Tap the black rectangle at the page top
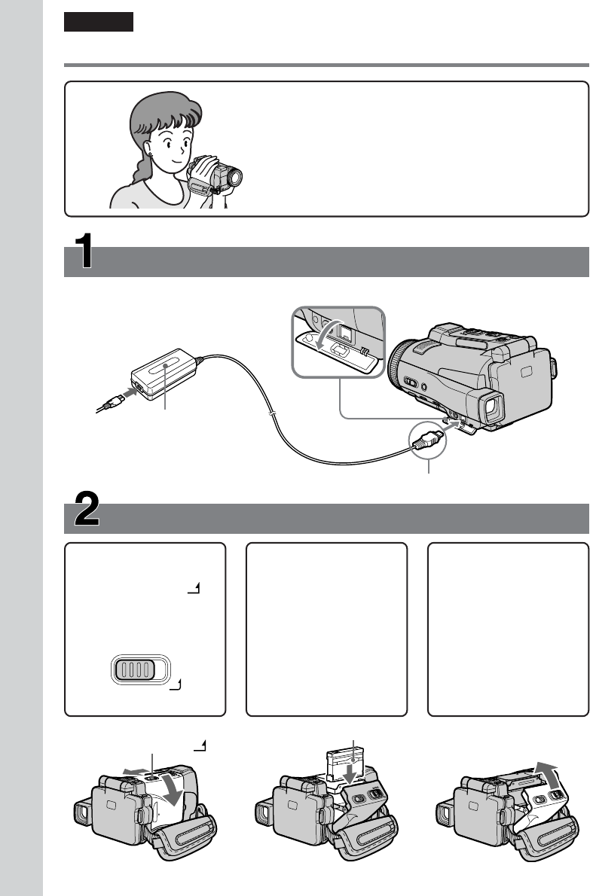click(99, 22)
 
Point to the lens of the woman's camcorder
click(236, 178)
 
